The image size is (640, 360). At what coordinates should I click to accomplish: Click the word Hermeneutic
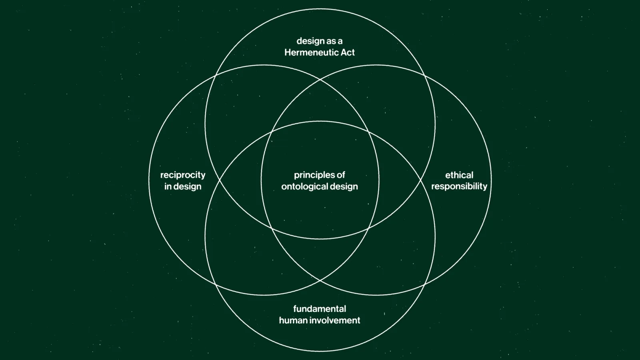click(x=306, y=52)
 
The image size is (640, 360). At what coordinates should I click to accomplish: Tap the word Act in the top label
click(x=348, y=52)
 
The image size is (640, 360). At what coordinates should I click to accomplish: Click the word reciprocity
click(x=183, y=175)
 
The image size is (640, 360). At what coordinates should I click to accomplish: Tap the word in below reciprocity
click(x=168, y=186)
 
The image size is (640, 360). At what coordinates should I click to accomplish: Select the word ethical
click(x=459, y=175)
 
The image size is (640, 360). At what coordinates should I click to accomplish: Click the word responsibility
click(x=459, y=186)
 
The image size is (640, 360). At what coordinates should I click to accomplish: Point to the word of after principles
click(x=341, y=175)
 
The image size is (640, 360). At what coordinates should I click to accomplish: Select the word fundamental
click(x=320, y=309)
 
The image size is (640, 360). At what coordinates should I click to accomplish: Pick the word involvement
click(x=335, y=320)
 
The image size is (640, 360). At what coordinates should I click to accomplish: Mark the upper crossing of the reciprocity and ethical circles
click(x=320, y=80)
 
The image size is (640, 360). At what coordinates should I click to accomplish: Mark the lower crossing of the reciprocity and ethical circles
click(x=320, y=281)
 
